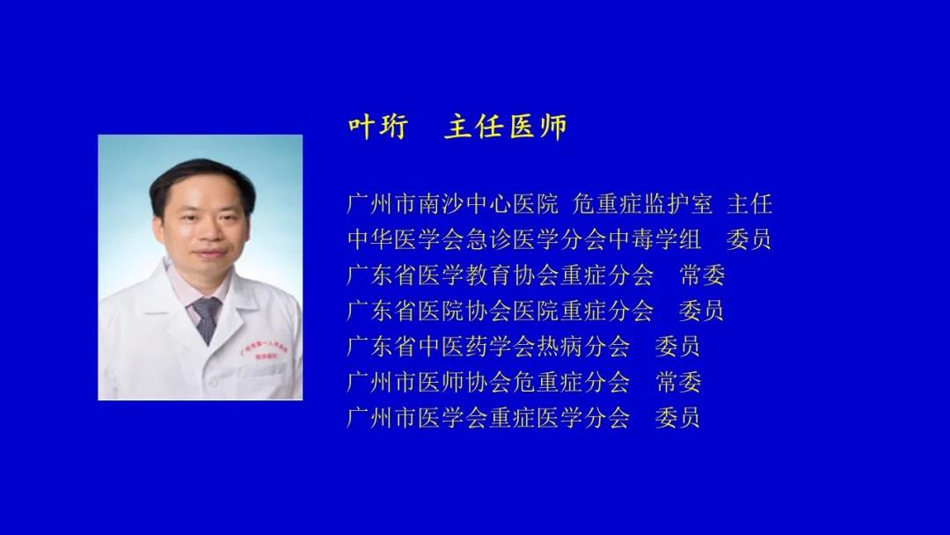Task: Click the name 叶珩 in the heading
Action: click(378, 128)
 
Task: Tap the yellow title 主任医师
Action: click(506, 128)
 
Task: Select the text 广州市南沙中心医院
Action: click(453, 203)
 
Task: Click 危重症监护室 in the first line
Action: click(643, 203)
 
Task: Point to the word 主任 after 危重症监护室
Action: click(749, 203)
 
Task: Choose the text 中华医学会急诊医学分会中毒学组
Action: click(524, 239)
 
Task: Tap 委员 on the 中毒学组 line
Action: click(749, 239)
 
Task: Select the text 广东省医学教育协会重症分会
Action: click(501, 275)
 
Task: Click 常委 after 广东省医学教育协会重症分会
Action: click(702, 275)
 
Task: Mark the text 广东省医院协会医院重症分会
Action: click(501, 311)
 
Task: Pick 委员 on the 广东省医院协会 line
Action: click(702, 311)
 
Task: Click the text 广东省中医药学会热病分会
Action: click(488, 347)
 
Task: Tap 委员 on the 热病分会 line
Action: click(678, 347)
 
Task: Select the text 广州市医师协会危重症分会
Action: click(488, 382)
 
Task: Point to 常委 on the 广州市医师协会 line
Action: click(678, 382)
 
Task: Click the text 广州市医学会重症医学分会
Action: click(488, 418)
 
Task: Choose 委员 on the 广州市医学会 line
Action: click(678, 418)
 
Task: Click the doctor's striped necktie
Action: click(208, 318)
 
